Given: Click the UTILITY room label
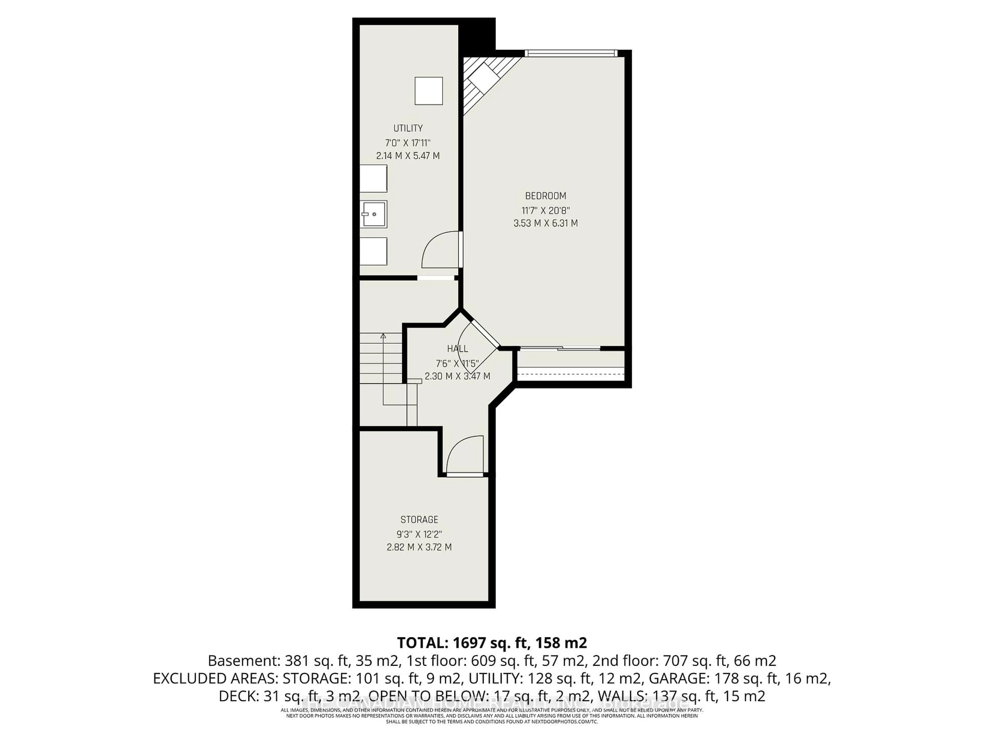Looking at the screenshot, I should [407, 128].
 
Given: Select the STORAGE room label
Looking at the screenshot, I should [419, 520].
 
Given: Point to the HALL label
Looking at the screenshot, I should [457, 349].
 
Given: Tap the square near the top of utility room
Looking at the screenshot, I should [428, 91].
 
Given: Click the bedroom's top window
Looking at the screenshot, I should [571, 53].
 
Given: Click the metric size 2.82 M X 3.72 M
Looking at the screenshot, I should [419, 547].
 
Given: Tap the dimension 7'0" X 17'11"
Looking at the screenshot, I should [407, 143].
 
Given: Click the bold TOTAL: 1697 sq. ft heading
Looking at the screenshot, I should [491, 643].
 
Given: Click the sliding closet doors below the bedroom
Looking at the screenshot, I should [560, 348].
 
